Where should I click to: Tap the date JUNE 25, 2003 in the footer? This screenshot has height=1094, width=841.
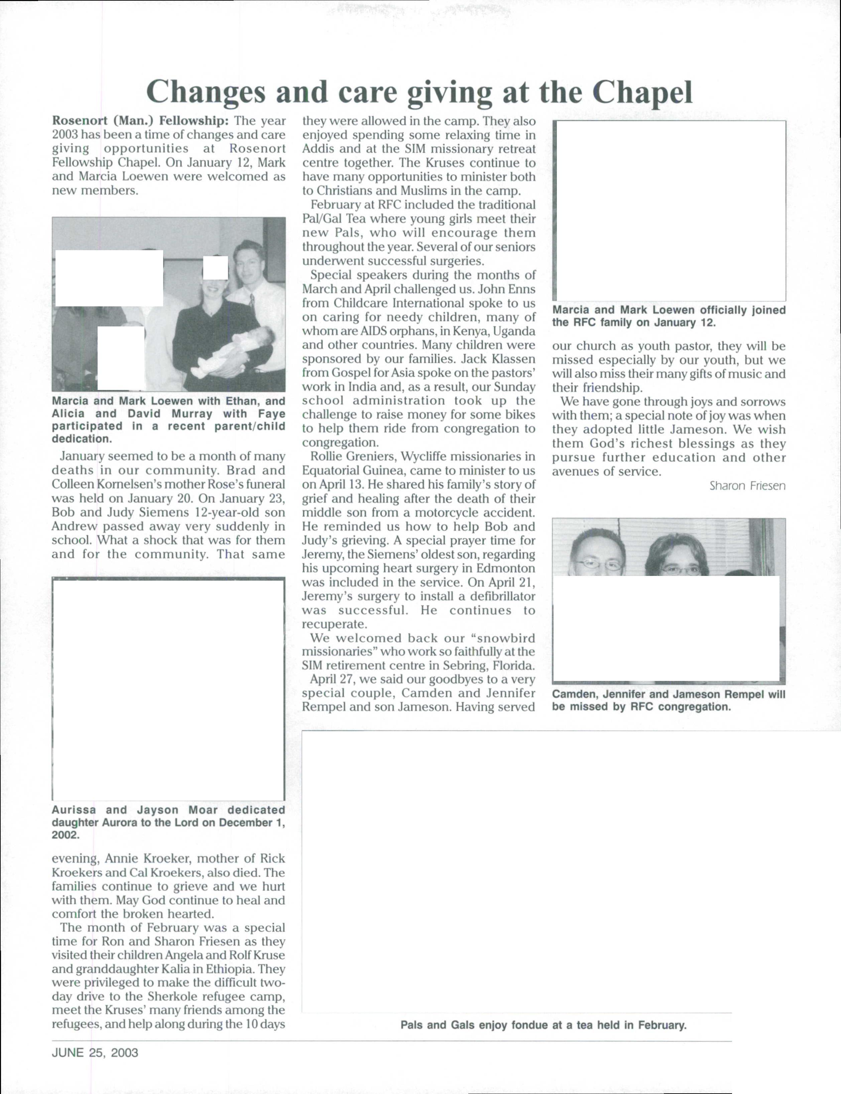[x=95, y=1053]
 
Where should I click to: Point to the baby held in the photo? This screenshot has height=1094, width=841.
[x=235, y=353]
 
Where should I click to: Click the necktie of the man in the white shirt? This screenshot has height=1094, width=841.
[x=252, y=302]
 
